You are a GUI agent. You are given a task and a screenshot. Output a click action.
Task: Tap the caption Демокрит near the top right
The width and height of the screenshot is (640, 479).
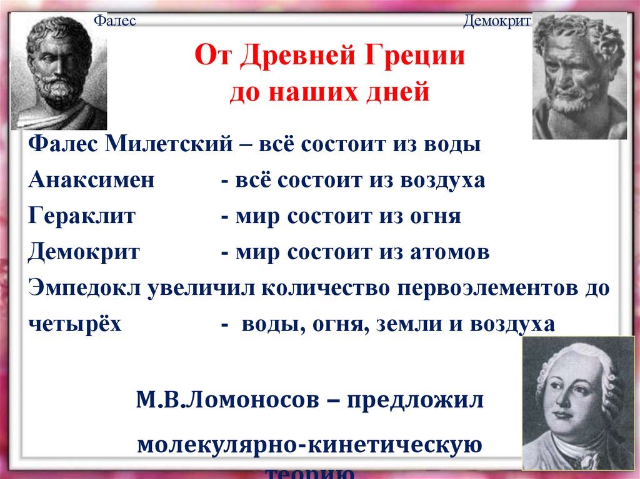coord(497,22)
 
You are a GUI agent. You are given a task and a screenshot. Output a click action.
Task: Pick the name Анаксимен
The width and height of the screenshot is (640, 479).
coord(91,180)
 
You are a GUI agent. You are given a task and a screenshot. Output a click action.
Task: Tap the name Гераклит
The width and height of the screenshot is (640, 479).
coord(83,217)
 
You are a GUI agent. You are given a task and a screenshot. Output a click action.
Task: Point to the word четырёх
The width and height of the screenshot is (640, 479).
coord(74,325)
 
